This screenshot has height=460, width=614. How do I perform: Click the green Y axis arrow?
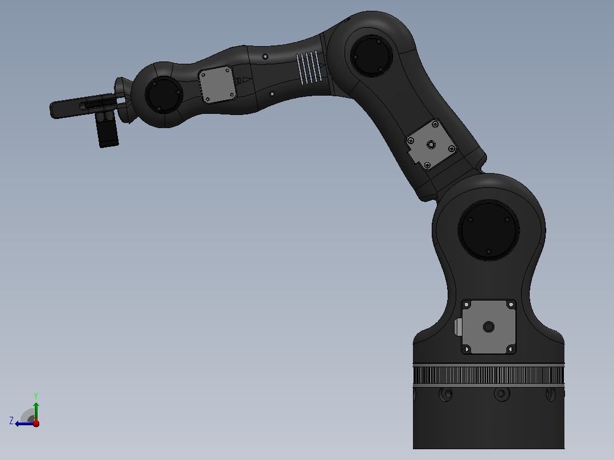pos(36,411)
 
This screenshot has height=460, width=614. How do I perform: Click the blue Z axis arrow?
pos(24,424)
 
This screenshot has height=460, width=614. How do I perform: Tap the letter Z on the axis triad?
pos(11,421)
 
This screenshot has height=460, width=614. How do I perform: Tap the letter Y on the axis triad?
pos(36,396)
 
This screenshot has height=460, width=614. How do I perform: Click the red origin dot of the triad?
pos(36,423)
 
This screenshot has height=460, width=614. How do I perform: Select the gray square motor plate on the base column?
pos(489,327)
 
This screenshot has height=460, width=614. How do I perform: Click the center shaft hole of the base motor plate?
pos(489,327)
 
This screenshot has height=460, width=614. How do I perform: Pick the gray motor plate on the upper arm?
pos(431,145)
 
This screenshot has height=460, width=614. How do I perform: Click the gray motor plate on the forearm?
pos(218,85)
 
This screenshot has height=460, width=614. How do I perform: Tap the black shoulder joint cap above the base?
pos(489,230)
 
